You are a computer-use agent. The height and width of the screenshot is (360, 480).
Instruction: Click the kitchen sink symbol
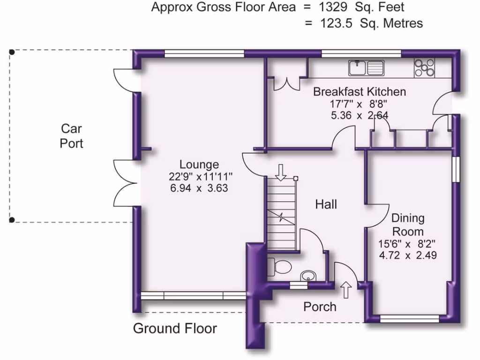pos(366,68)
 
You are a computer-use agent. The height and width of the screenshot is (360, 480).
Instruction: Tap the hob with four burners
pos(424,68)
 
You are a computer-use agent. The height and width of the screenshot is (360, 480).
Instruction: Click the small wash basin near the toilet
pos(308,275)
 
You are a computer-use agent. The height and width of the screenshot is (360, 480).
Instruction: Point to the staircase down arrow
pos(281,172)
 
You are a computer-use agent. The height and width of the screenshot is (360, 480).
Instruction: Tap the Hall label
pos(326,204)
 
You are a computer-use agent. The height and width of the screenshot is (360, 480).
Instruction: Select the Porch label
pos(320,307)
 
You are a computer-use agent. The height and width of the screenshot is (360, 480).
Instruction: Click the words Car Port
pos(72,135)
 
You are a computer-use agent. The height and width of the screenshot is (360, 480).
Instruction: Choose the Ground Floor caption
pos(175,328)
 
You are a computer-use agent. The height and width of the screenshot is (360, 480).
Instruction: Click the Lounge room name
pos(199,165)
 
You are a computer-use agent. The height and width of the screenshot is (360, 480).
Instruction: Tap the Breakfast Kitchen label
pos(360,91)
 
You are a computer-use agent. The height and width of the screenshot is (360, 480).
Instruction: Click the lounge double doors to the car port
pos(125,183)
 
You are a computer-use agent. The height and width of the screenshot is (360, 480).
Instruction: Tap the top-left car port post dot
pos(12,52)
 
